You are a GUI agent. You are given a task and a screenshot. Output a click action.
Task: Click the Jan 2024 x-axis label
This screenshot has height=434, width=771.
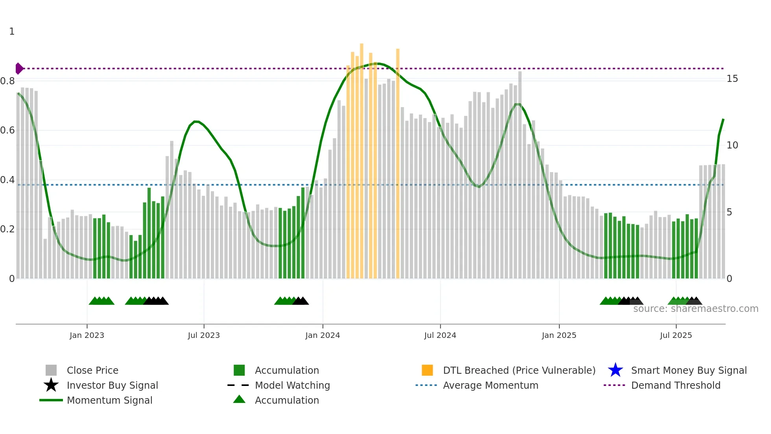pos(323,335)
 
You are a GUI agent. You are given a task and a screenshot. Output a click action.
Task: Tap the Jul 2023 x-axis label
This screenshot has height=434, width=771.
pos(204,335)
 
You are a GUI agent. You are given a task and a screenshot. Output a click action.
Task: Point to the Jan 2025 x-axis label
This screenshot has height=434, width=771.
pos(559,335)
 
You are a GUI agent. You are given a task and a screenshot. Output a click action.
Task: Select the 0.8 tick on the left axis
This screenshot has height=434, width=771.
pos(7,81)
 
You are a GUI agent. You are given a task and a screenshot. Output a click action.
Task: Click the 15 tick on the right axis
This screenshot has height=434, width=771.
pos(732,79)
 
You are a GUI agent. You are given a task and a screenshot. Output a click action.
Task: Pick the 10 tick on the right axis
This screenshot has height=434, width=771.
pos(732,145)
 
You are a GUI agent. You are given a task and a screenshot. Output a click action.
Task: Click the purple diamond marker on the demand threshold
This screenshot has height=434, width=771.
pos(19,69)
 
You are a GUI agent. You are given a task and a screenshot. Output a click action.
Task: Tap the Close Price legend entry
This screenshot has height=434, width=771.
pos(92,370)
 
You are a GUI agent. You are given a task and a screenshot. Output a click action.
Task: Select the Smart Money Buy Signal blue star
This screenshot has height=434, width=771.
pos(615,370)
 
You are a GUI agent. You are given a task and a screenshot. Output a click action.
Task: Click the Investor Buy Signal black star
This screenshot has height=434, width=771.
pos(51,385)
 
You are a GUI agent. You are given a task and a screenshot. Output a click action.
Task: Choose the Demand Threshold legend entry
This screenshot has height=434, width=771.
pos(675,385)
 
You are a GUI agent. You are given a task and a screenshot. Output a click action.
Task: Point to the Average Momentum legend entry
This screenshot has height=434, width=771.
pos(490,385)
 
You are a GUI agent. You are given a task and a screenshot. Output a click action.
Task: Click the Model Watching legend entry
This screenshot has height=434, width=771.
pos(292,385)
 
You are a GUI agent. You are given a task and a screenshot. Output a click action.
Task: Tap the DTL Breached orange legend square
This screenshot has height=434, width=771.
pos(427,370)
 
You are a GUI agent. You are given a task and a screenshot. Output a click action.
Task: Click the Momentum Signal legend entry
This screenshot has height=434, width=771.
pos(109,400)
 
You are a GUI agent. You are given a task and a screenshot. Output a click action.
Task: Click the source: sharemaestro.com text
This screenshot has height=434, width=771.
pos(695,309)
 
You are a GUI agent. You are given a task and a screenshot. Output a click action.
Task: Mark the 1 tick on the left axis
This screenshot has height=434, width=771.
pos(12,32)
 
